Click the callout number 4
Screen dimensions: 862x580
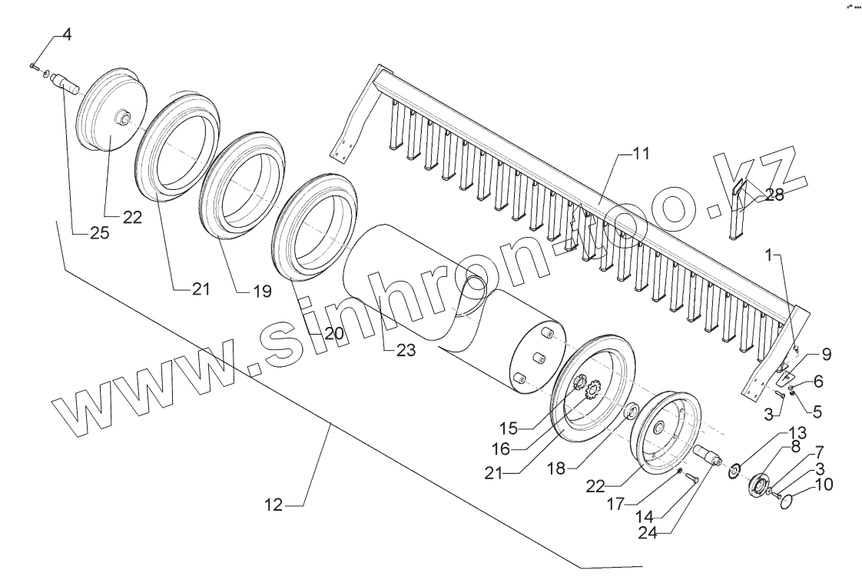tap(67, 35)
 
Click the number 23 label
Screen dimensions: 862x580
tap(405, 350)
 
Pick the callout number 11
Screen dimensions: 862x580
tap(641, 153)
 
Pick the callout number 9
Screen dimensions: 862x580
tap(826, 355)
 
